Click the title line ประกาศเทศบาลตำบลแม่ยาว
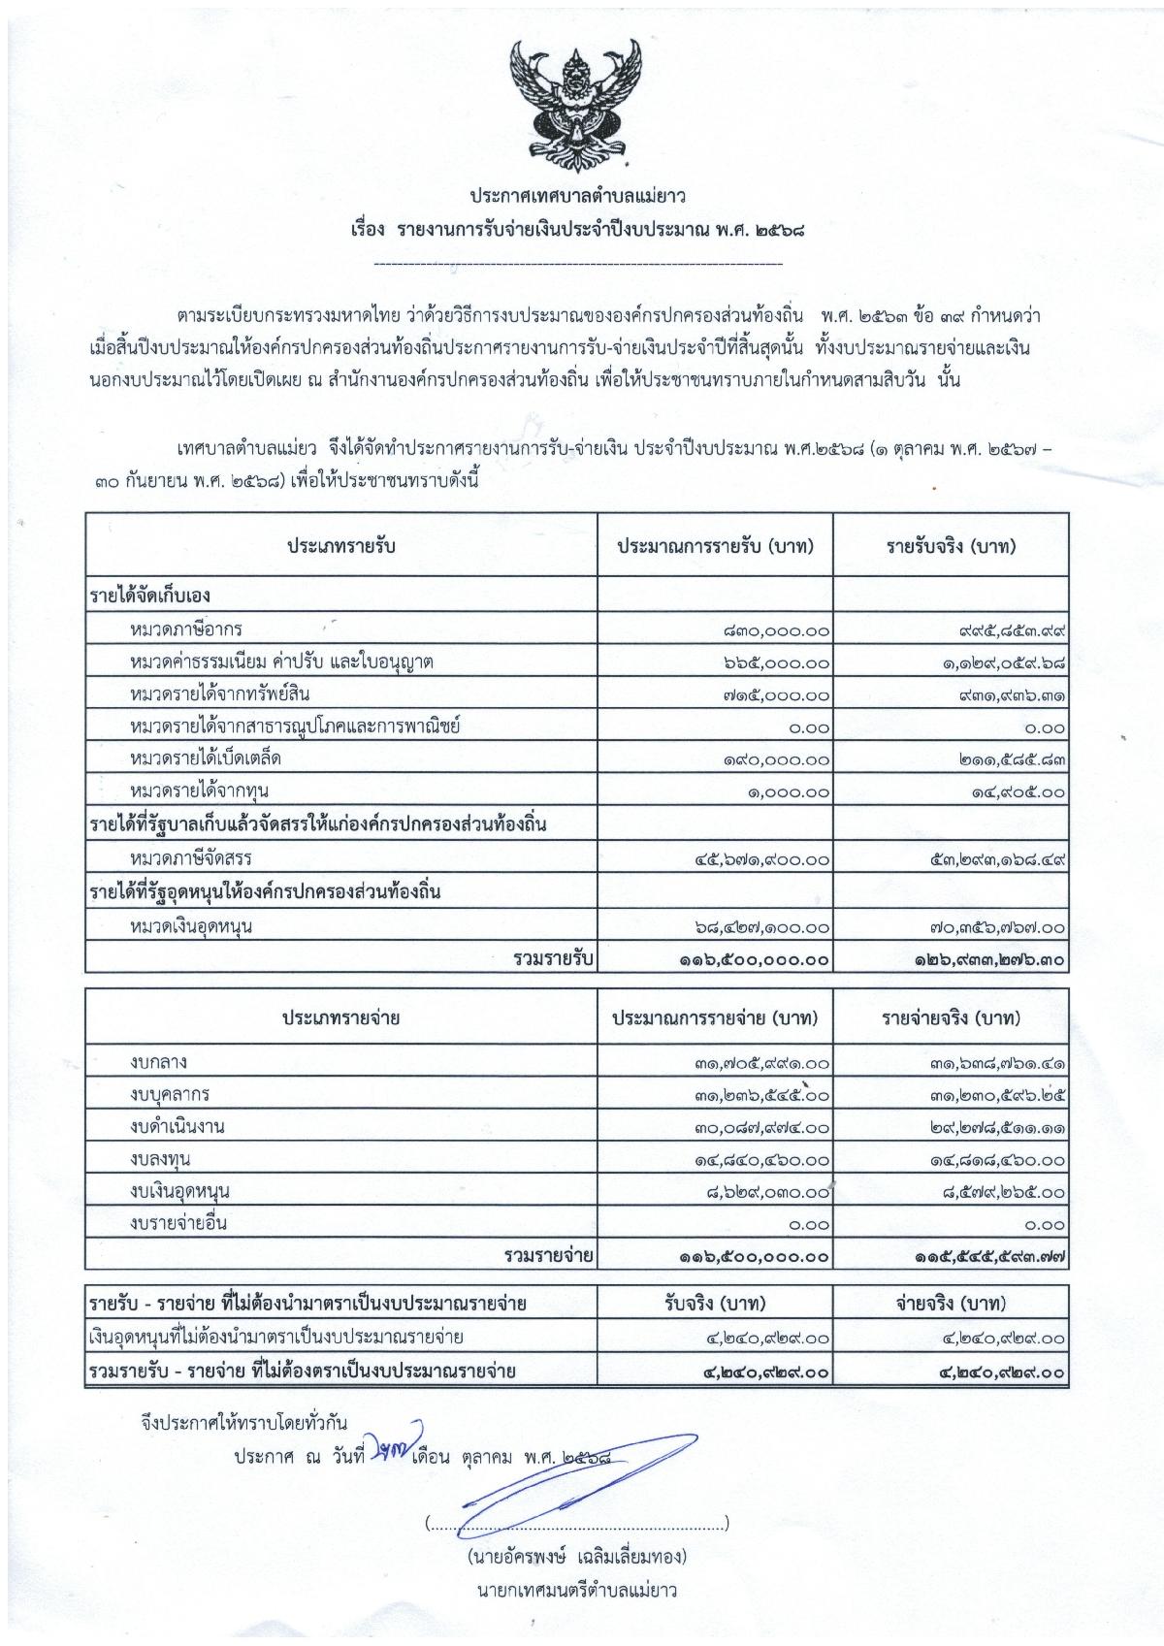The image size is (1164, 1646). pyautogui.click(x=578, y=197)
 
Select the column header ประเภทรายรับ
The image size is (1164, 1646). pyautogui.click(x=340, y=546)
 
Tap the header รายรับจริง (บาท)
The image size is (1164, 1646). pyautogui.click(x=951, y=546)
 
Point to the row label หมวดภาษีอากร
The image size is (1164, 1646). pyautogui.click(x=185, y=630)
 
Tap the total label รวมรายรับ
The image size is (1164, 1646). pyautogui.click(x=554, y=959)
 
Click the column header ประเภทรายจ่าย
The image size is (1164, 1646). pyautogui.click(x=340, y=1018)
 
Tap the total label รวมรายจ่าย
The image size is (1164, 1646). pyautogui.click(x=549, y=1256)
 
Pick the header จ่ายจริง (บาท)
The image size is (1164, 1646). pyautogui.click(x=951, y=1303)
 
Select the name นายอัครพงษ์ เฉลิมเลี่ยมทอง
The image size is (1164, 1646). pyautogui.click(x=576, y=1557)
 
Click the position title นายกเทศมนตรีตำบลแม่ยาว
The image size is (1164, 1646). pyautogui.click(x=576, y=1590)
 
